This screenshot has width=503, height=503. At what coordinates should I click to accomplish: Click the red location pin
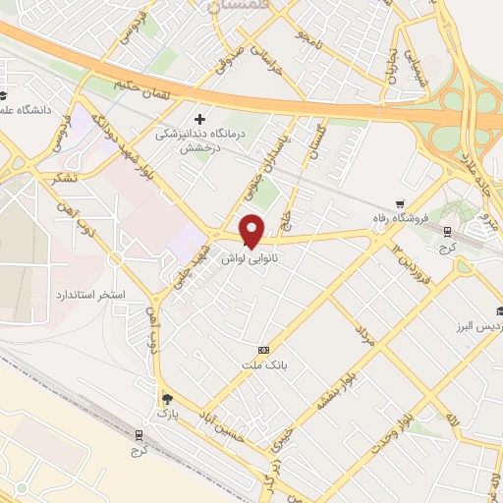click(252, 230)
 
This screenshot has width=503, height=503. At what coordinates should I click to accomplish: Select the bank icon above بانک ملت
click(263, 350)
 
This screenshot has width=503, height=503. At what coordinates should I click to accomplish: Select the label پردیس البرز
click(477, 324)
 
